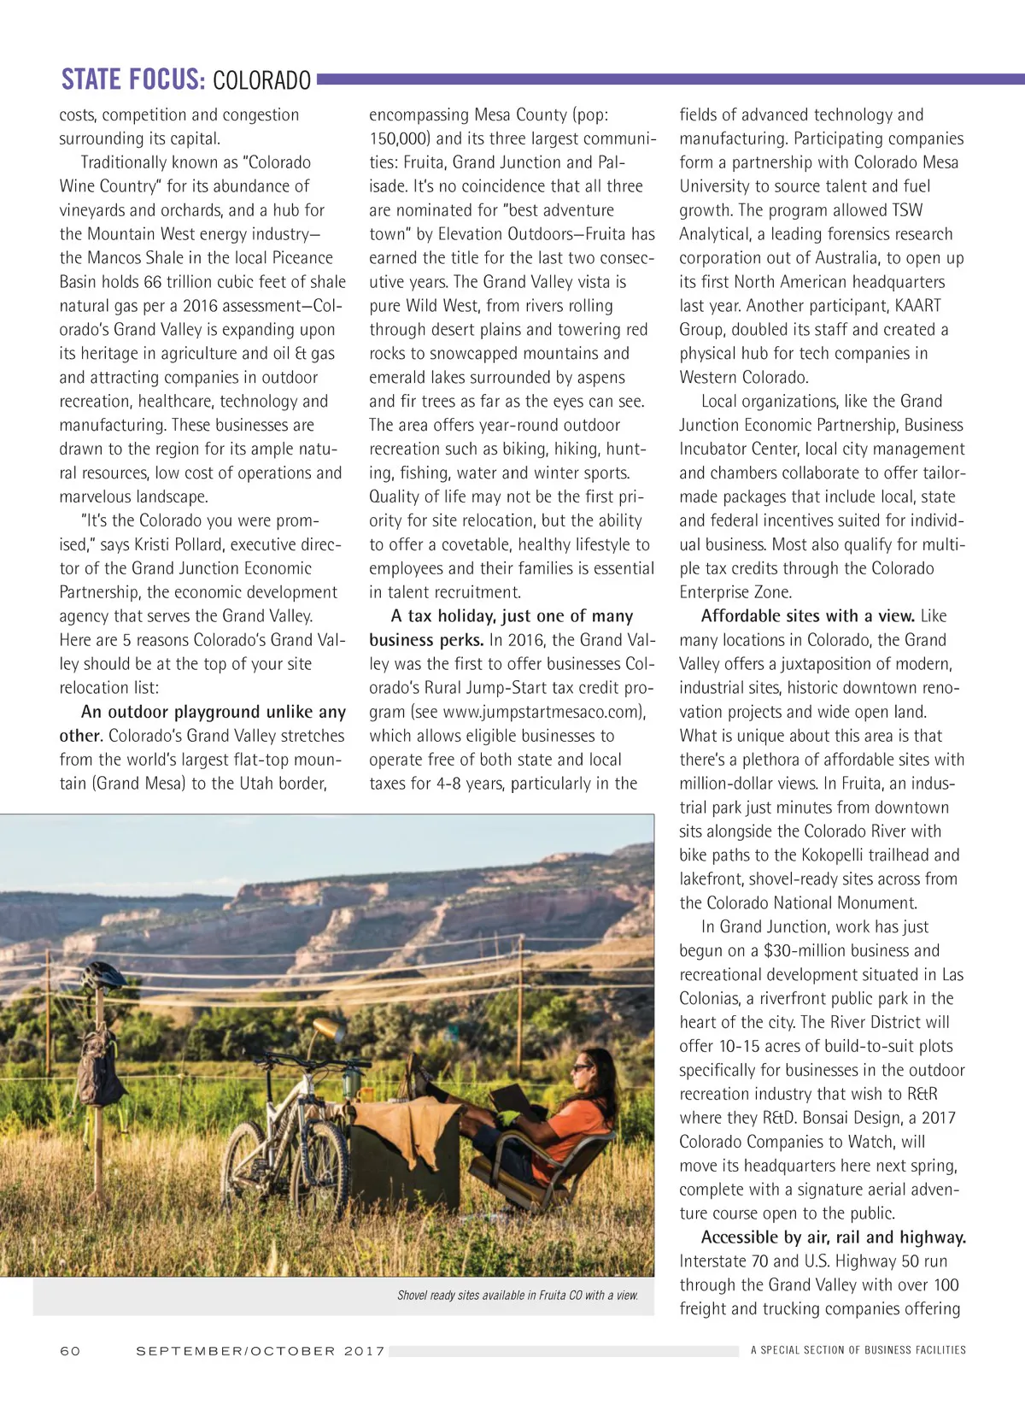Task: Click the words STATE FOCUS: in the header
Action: click(x=132, y=80)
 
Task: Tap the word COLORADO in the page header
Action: click(x=261, y=81)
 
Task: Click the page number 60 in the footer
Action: click(x=70, y=1351)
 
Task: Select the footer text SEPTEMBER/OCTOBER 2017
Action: click(x=261, y=1351)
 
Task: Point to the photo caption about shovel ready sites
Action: click(x=518, y=1296)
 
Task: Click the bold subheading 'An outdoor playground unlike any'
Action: click(x=214, y=712)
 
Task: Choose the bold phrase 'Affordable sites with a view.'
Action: click(x=807, y=616)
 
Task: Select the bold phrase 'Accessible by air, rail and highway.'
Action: click(x=833, y=1237)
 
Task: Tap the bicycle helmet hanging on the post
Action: click(x=102, y=976)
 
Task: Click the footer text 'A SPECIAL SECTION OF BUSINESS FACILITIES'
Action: click(x=858, y=1350)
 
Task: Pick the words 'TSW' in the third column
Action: click(x=907, y=210)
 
